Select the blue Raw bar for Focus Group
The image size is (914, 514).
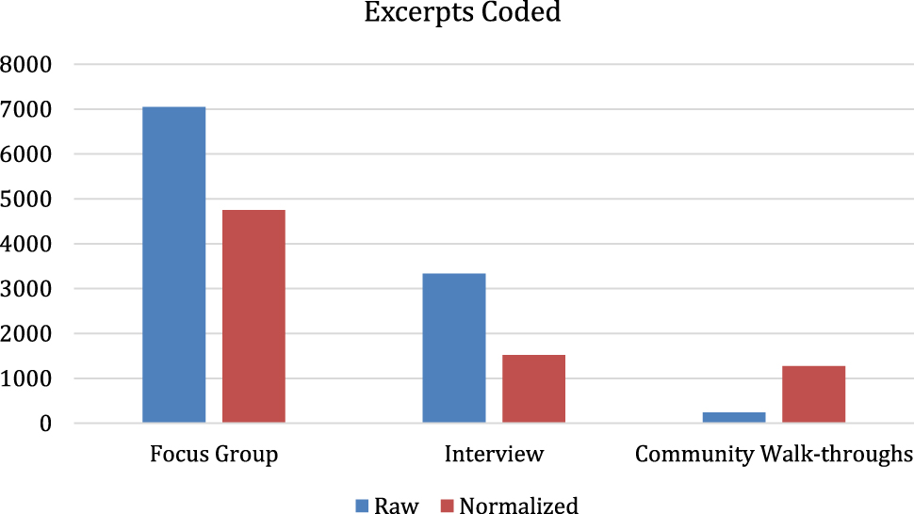click(173, 265)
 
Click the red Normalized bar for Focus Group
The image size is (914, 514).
click(253, 316)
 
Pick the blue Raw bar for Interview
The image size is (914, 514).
click(453, 348)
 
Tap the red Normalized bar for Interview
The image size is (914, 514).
click(533, 389)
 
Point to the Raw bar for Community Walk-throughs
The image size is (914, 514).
click(733, 417)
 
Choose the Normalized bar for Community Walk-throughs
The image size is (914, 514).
click(813, 394)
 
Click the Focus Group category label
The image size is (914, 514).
click(214, 455)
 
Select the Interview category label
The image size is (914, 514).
click(494, 455)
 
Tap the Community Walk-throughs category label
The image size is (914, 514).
click(774, 455)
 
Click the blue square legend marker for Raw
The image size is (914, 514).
click(362, 506)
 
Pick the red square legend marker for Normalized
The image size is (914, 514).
click(447, 506)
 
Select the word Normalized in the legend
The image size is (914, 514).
click(518, 506)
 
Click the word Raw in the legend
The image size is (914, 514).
click(396, 506)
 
